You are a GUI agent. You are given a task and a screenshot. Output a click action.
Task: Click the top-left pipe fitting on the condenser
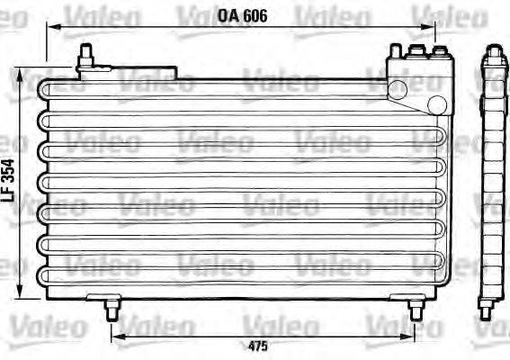pyautogui.click(x=85, y=56)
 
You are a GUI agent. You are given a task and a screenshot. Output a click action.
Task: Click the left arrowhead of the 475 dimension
pyautogui.click(x=116, y=337)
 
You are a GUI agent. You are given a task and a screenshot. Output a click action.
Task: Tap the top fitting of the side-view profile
pyautogui.click(x=493, y=56)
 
